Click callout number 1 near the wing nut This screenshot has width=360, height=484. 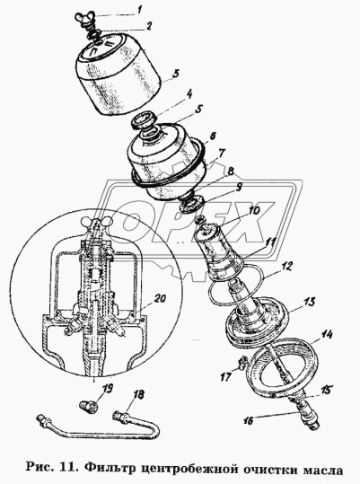click(x=139, y=10)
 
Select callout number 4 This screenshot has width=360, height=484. click(x=189, y=93)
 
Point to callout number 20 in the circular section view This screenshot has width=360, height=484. click(x=160, y=298)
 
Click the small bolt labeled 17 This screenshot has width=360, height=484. click(x=242, y=361)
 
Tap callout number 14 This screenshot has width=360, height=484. click(x=327, y=334)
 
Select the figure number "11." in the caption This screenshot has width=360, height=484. click(x=70, y=469)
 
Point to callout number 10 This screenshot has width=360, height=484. click(x=253, y=211)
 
